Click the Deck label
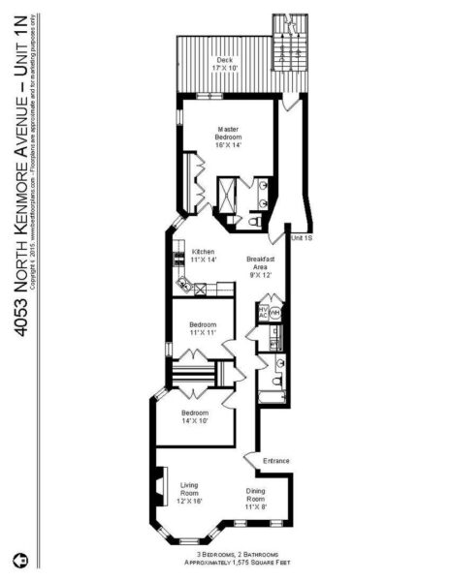[x=225, y=64]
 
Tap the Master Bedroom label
[x=229, y=135]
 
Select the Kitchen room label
[x=203, y=256]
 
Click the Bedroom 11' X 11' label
[x=203, y=328]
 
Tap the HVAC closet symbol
[x=263, y=312]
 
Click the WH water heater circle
[x=275, y=313]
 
